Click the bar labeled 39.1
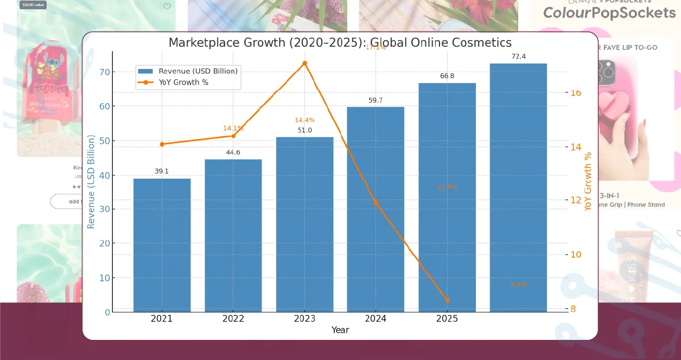[162, 245]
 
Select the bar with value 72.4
[518, 187]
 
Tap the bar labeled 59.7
[375, 209]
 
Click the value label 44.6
[233, 153]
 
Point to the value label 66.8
[447, 76]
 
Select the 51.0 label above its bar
[304, 130]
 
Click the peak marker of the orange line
[304, 63]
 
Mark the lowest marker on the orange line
[447, 300]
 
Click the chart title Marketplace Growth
[340, 42]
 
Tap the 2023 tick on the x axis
[304, 319]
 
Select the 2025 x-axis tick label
[447, 319]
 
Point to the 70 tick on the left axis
[104, 72]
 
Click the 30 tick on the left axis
[104, 209]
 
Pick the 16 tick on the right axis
[575, 93]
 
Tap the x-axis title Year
[340, 330]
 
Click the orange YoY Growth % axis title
[588, 181]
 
